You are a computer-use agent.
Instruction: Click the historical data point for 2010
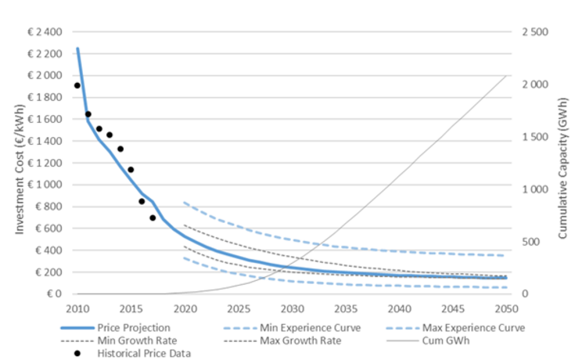point(77,85)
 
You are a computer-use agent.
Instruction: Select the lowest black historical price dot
point(153,218)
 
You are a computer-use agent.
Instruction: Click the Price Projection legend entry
point(130,327)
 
